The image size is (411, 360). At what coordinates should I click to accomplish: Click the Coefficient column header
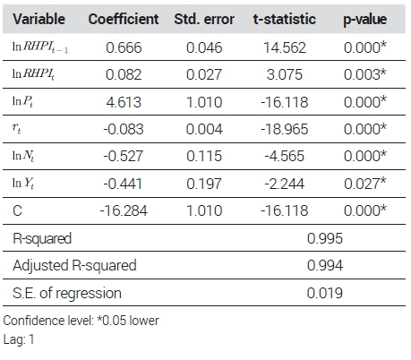[x=124, y=19]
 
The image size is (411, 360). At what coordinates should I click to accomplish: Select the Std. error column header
[x=204, y=19]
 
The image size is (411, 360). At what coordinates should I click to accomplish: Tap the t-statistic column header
[x=285, y=19]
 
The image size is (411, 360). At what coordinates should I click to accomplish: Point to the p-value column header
[x=364, y=20]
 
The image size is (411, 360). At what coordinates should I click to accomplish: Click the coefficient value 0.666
[x=124, y=47]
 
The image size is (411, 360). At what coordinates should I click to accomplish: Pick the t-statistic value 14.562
[x=285, y=47]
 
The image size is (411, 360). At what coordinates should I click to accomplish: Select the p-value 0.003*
[x=365, y=74]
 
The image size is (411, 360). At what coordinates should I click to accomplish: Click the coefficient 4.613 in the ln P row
[x=124, y=102]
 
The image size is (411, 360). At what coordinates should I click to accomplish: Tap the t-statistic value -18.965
[x=285, y=129]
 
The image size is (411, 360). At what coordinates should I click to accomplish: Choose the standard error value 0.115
[x=204, y=156]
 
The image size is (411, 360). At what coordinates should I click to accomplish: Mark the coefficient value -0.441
[x=123, y=184]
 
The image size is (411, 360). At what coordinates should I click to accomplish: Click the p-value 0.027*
[x=365, y=184]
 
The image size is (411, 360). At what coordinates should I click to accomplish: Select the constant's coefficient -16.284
[x=124, y=210]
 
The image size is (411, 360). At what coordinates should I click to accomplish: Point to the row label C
[x=17, y=210]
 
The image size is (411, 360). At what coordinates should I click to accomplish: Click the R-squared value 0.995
[x=325, y=238]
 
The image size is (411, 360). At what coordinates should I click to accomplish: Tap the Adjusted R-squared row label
[x=74, y=265]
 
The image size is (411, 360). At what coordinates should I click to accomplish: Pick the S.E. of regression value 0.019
[x=325, y=293]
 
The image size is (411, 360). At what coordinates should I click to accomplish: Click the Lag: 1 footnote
[x=19, y=339]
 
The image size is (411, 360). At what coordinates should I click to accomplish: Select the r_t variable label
[x=17, y=128]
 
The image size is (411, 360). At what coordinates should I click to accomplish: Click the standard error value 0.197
[x=204, y=184]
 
